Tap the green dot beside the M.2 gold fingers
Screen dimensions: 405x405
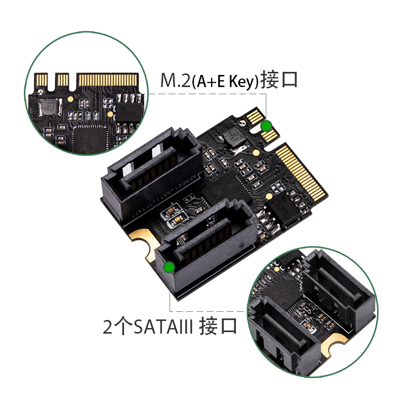point(266,126)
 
